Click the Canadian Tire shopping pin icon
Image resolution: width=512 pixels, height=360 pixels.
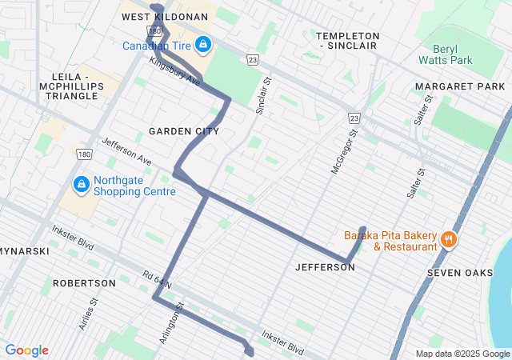coord(202,43)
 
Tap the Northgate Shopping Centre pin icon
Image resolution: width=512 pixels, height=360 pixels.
coord(81,185)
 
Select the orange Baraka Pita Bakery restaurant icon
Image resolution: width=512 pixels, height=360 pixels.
coord(449,238)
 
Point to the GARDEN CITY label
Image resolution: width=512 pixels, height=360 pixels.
coord(183,130)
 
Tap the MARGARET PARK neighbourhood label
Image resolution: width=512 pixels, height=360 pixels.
coord(460,86)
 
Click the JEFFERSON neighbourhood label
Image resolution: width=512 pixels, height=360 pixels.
coord(325,267)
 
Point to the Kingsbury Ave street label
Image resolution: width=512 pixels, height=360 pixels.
coord(174,70)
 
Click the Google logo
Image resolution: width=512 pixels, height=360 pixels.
coord(26,350)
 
